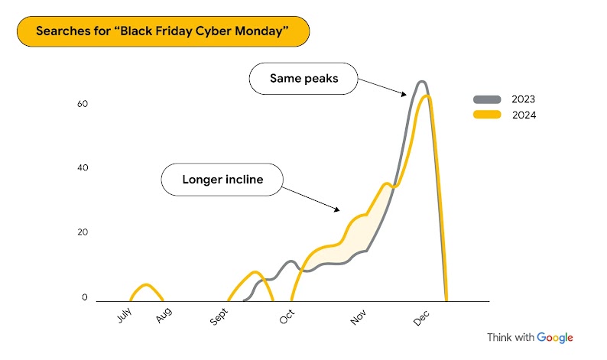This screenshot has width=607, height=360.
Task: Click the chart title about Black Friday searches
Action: click(163, 33)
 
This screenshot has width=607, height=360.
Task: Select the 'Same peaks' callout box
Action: click(304, 79)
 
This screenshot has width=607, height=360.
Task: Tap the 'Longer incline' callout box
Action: click(222, 180)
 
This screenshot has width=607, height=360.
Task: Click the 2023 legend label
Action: click(524, 99)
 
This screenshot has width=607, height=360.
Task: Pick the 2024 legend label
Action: click(524, 115)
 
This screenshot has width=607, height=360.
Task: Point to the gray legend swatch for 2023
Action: click(487, 99)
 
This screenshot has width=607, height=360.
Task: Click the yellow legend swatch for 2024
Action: click(487, 115)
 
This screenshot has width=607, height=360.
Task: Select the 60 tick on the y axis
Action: click(83, 103)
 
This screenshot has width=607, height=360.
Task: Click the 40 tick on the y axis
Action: click(83, 168)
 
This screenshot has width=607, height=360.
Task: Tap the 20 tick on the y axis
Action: click(83, 232)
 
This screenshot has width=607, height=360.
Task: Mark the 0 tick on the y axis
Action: click(86, 298)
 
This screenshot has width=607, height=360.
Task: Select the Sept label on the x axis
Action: click(219, 317)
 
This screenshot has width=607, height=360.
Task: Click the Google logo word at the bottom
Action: click(555, 338)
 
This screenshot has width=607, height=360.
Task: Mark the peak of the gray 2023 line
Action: click(421, 81)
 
